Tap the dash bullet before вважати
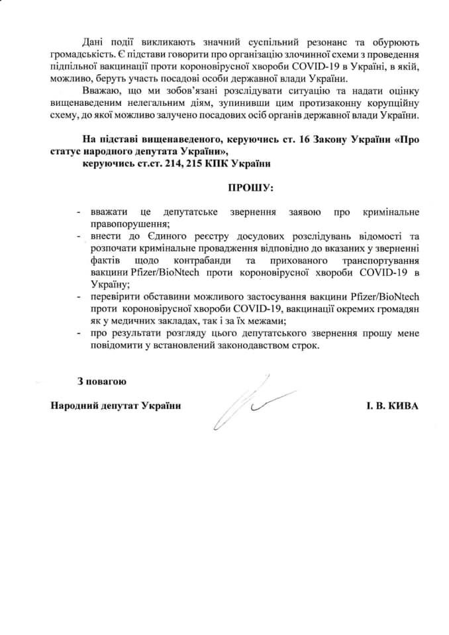tap(79, 212)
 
